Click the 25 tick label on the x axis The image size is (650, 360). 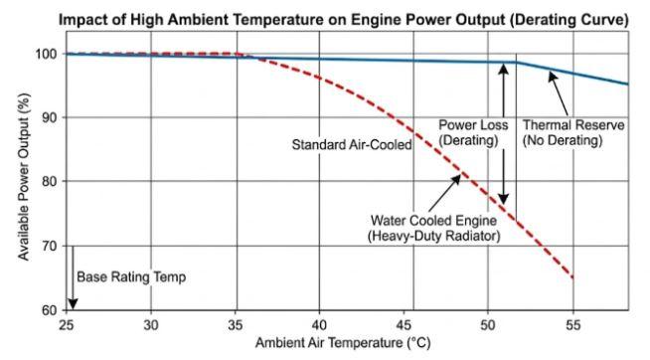67,324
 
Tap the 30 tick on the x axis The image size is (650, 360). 150,324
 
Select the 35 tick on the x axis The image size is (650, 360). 235,324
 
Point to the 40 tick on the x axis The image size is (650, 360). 319,324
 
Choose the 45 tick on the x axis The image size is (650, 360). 403,324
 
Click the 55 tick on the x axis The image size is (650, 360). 571,324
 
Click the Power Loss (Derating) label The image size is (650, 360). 473,133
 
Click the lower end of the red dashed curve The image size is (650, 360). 571,276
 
